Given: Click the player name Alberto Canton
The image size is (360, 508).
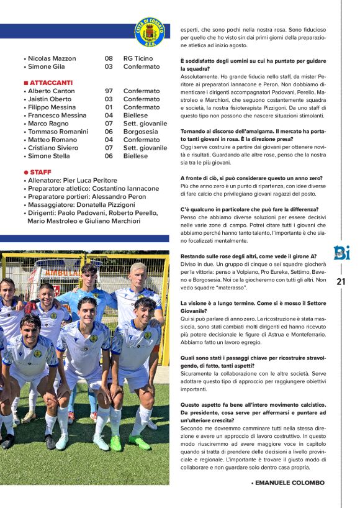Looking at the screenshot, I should pyautogui.click(x=52, y=91).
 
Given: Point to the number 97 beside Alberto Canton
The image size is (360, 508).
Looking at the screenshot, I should pyautogui.click(x=109, y=91).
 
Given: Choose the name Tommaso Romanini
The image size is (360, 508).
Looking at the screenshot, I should pyautogui.click(x=58, y=132).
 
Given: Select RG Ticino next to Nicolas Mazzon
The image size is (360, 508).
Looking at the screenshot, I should pyautogui.click(x=138, y=58).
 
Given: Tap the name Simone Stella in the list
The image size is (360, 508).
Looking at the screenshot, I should pyautogui.click(x=49, y=156).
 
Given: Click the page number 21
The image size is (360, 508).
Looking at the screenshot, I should pyautogui.click(x=341, y=281).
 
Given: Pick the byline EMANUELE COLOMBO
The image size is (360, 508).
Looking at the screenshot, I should pyautogui.click(x=290, y=483).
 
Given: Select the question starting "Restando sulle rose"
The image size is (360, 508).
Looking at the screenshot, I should pyautogui.click(x=248, y=256).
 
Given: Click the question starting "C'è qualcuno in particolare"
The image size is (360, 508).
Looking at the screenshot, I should pyautogui.click(x=248, y=209).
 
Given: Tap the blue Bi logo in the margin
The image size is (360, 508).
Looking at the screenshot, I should pyautogui.click(x=342, y=255).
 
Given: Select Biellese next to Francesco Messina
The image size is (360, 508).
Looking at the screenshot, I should pyautogui.click(x=135, y=115).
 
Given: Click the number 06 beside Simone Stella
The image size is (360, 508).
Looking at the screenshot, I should pyautogui.click(x=109, y=156).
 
